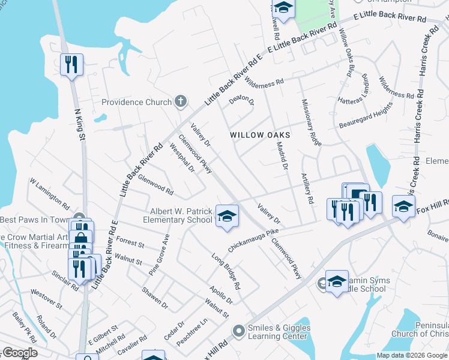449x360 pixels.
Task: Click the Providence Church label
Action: pos(136,102)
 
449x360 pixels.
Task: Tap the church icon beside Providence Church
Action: pos(179,101)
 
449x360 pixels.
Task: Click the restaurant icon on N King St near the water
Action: pos(71,64)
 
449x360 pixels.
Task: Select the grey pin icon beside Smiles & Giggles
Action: pos(239,329)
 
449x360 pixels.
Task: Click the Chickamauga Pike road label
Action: pos(253,239)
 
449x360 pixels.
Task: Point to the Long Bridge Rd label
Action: pos(226,271)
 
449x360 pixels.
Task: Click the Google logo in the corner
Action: pos(20,353)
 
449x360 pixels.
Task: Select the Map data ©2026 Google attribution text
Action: pos(412,355)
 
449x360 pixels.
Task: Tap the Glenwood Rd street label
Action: pos(155,185)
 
